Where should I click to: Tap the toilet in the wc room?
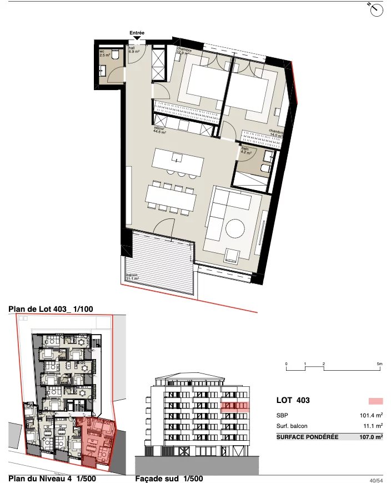coord(115,54)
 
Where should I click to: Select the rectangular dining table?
coord(171,196)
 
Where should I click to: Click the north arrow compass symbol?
coord(376,8)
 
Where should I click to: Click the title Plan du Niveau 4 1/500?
coord(51,478)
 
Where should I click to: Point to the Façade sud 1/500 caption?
coord(169,478)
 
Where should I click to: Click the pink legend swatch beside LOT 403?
coord(376,401)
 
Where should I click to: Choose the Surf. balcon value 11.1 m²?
coord(371,426)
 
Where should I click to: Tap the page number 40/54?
coord(376,479)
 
